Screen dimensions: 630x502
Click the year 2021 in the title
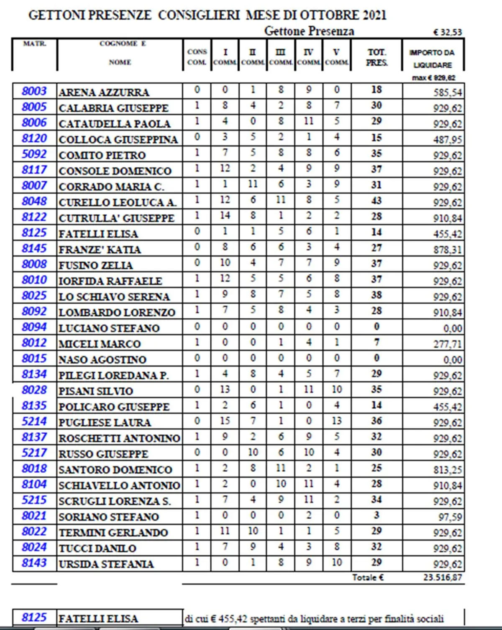tap(369, 15)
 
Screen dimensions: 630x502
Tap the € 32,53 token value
tap(448, 32)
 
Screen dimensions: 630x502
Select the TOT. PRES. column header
tap(376, 57)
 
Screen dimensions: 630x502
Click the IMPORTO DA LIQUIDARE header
tap(433, 59)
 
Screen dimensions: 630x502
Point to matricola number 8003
tap(34, 91)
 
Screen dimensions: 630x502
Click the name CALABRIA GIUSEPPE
tap(114, 108)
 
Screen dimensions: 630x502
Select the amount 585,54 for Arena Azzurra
tap(447, 92)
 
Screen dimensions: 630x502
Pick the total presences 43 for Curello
tap(376, 201)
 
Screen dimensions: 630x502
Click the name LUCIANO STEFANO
tap(109, 328)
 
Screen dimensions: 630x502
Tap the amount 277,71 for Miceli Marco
tap(447, 344)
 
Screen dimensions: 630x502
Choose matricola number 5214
tap(34, 421)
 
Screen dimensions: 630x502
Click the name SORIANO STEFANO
tap(109, 517)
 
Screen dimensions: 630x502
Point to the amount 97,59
tap(450, 517)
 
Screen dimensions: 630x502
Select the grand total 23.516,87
tap(442, 578)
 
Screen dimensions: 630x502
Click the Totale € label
tap(368, 578)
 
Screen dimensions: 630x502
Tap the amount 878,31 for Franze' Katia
tap(447, 250)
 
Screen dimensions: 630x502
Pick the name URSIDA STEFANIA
tap(106, 564)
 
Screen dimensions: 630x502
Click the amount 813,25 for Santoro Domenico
tap(447, 470)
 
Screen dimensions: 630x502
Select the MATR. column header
tap(34, 44)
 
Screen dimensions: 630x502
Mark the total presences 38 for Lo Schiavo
tap(376, 295)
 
